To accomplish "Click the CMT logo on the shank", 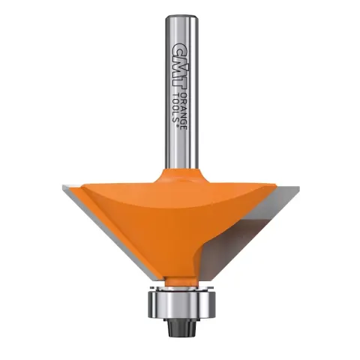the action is [176, 64].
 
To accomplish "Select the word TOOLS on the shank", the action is [176, 106].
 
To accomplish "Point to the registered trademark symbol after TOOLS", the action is [178, 127].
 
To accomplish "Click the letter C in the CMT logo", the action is [176, 47].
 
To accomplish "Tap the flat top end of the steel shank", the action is [181, 16].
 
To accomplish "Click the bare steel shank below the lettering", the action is [181, 150].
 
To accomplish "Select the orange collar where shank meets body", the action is [181, 175].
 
